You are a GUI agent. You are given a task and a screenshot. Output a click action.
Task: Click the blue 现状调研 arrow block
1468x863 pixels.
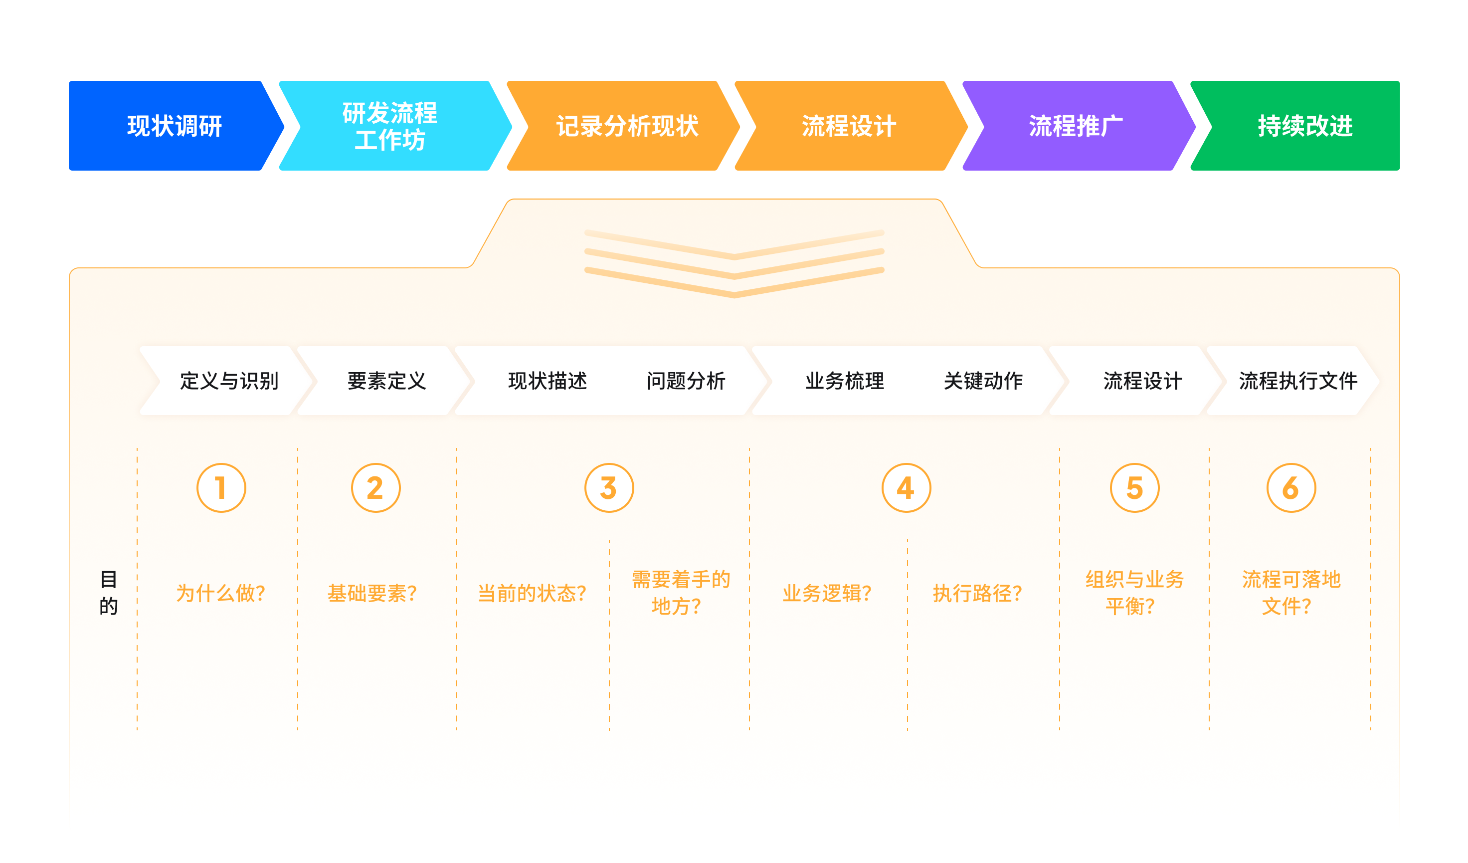coord(175,126)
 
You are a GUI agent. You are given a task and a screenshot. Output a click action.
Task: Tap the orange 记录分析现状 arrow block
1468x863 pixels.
coord(623,126)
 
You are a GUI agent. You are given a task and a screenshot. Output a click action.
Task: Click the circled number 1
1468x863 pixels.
coord(221,488)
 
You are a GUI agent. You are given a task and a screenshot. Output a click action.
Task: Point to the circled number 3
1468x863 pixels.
coord(609,488)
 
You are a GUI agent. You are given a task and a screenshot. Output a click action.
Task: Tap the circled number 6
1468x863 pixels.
coord(1291,488)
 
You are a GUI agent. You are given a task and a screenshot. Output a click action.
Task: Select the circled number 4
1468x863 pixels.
coord(906,488)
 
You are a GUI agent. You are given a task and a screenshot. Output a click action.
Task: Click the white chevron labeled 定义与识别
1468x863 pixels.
coord(227,381)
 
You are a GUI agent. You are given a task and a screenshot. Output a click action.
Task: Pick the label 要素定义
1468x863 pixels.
coord(387,381)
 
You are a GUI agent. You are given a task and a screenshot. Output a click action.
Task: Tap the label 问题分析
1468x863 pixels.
coord(686,381)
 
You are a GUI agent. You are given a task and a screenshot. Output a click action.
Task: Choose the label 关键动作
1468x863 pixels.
coord(983,381)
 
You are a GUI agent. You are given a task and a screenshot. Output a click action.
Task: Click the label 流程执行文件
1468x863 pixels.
coord(1298,381)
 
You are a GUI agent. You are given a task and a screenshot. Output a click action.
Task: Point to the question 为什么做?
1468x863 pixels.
coord(221,593)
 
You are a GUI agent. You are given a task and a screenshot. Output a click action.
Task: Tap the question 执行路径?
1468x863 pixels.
coord(977,593)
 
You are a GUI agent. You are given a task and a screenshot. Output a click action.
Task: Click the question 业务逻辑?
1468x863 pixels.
coord(827,593)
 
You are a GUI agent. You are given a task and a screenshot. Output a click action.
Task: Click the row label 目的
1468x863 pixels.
coord(108,593)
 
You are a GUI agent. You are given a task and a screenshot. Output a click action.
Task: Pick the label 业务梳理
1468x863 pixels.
coord(845,381)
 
